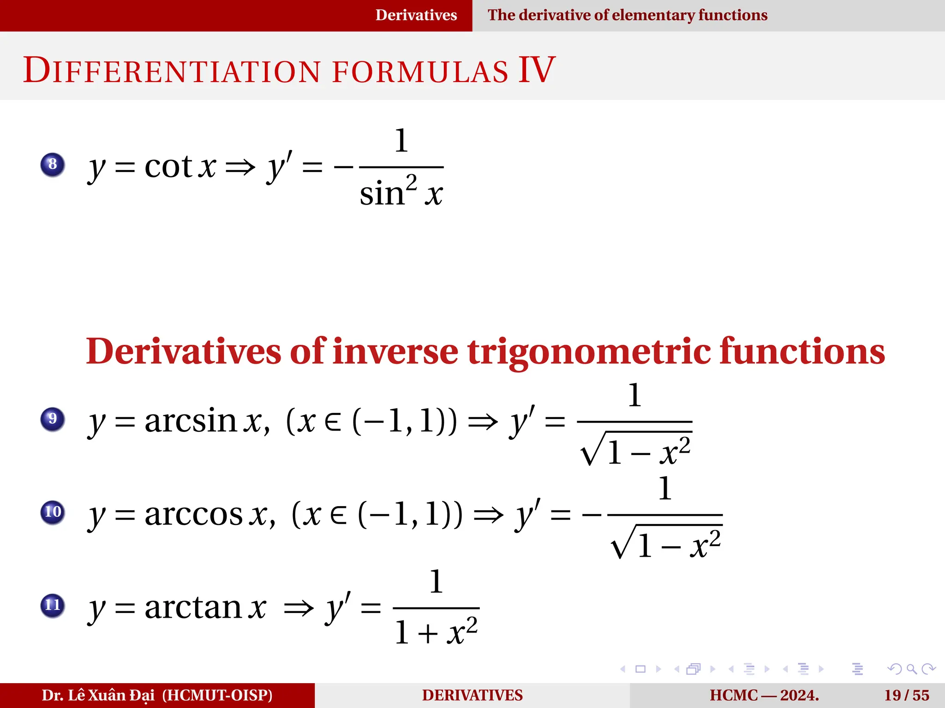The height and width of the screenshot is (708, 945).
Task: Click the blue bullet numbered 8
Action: coord(53,165)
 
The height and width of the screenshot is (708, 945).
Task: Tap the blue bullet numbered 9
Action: coord(53,419)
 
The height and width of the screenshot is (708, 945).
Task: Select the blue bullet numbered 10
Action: coord(53,512)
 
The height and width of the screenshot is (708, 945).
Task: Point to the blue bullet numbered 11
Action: coord(53,605)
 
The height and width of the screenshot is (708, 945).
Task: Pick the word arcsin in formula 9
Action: coord(191,420)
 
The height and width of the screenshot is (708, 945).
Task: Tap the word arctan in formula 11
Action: coord(193,607)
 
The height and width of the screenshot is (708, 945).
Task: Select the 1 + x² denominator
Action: coord(436,631)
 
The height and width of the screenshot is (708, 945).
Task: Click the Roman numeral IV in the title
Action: coord(537,70)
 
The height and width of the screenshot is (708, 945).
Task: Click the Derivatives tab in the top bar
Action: coord(416,15)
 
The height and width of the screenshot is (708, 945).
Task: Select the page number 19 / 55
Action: coord(906,695)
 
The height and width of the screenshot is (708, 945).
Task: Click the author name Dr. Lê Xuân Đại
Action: coord(99,695)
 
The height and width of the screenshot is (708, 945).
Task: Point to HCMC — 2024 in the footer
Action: coord(764,695)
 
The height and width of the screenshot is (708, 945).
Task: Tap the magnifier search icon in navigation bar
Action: coord(911,669)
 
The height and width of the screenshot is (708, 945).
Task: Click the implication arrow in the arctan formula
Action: coord(299,608)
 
